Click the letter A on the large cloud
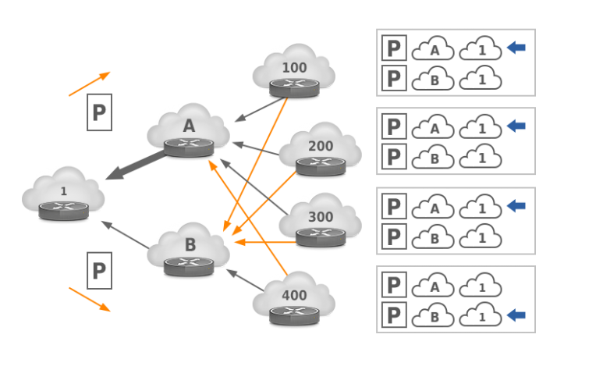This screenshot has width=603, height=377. click(189, 126)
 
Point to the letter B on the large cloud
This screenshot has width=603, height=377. click(190, 245)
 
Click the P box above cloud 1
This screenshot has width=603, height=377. click(99, 112)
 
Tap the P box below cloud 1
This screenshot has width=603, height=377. click(99, 271)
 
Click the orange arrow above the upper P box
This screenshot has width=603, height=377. click(89, 84)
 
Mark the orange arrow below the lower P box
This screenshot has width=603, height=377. click(89, 299)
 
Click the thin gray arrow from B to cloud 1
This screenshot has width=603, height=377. click(125, 235)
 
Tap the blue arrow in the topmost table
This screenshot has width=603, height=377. click(516, 48)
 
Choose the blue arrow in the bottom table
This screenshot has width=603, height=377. click(516, 315)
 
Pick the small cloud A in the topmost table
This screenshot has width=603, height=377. click(433, 49)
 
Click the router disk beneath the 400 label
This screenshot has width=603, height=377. click(294, 315)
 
